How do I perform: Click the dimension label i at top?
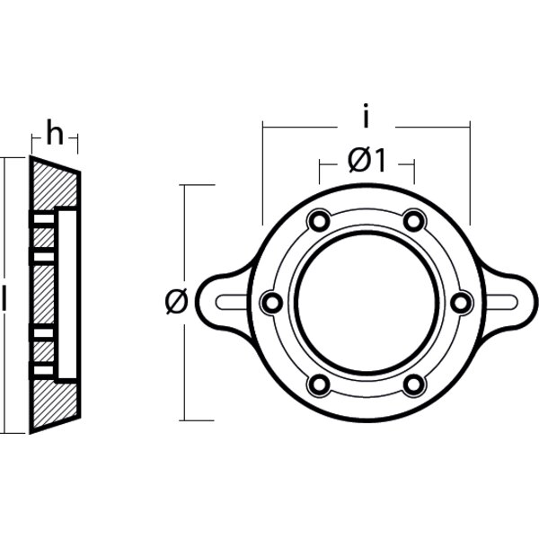[366, 116]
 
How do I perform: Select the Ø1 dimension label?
[366, 161]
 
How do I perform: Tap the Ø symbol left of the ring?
[175, 303]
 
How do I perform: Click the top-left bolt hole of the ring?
[317, 220]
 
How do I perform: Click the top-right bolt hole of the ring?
[413, 220]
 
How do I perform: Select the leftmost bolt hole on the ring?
[269, 304]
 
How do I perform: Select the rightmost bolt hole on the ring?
[461, 304]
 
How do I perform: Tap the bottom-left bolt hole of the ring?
[317, 386]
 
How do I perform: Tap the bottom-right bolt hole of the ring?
[413, 386]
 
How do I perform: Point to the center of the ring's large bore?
[366, 303]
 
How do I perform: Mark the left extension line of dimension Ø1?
[319, 171]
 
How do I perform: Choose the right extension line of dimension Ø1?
[413, 171]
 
